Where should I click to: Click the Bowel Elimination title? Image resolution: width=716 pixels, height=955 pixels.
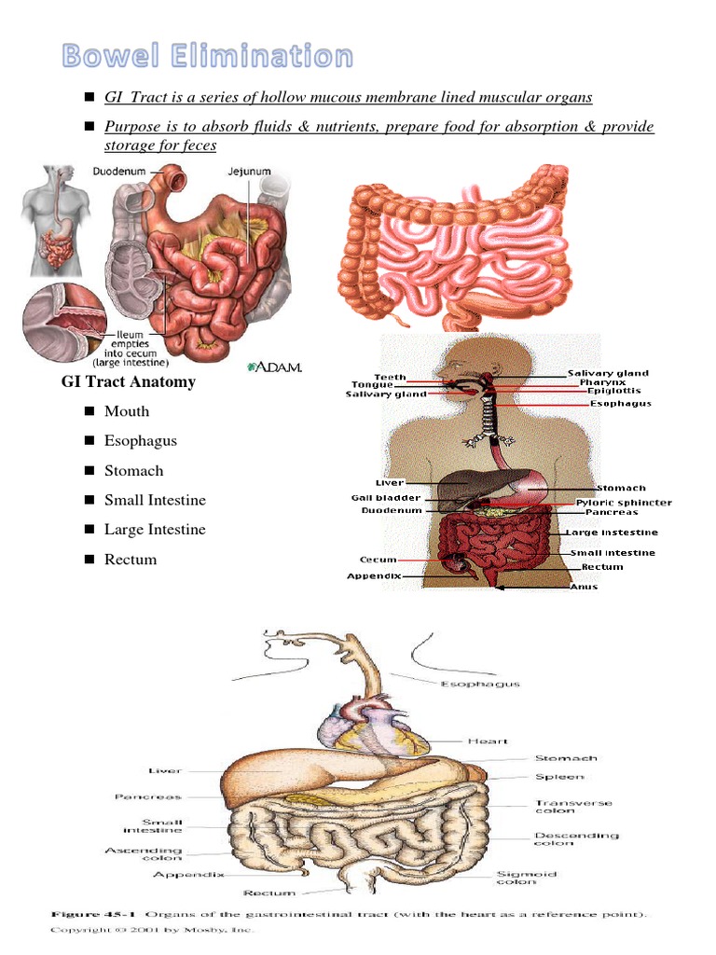208,56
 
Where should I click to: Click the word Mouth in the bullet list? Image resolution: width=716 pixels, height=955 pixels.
127,411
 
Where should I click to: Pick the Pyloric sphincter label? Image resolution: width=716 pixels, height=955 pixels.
624,503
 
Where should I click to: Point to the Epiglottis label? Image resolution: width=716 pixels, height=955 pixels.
613,392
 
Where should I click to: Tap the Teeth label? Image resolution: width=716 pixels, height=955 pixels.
390,377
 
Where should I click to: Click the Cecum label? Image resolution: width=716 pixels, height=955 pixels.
378,560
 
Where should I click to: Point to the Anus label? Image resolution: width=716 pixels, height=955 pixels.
584,587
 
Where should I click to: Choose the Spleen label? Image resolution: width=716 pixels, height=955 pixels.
559,776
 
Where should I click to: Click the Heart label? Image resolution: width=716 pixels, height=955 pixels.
488,740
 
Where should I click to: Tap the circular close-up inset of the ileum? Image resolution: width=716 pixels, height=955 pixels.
62,322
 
